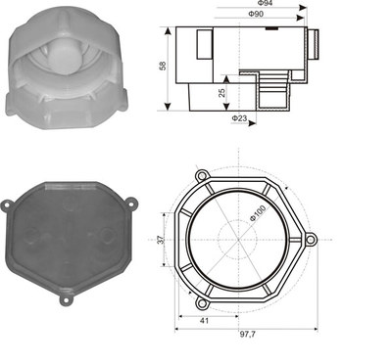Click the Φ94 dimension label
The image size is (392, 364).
point(265,3)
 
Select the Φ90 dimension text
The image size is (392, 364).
point(256,14)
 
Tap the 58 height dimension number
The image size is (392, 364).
point(163,66)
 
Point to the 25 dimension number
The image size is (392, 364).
point(221,93)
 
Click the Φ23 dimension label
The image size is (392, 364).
point(239,118)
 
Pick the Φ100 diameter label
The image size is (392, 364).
point(258,213)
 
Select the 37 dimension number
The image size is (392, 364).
point(161,240)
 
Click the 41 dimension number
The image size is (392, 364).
point(204,321)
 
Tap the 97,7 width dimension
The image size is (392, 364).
point(248,335)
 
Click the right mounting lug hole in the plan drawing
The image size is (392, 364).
point(311,240)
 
